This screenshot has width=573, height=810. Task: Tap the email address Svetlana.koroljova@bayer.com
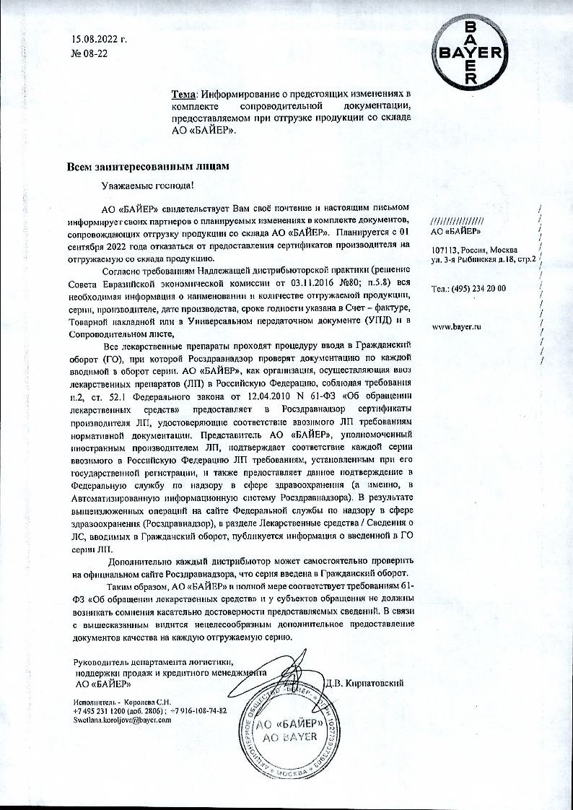123,720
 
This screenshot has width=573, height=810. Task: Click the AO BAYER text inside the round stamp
290,737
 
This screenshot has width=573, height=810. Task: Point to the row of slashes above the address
457,220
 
